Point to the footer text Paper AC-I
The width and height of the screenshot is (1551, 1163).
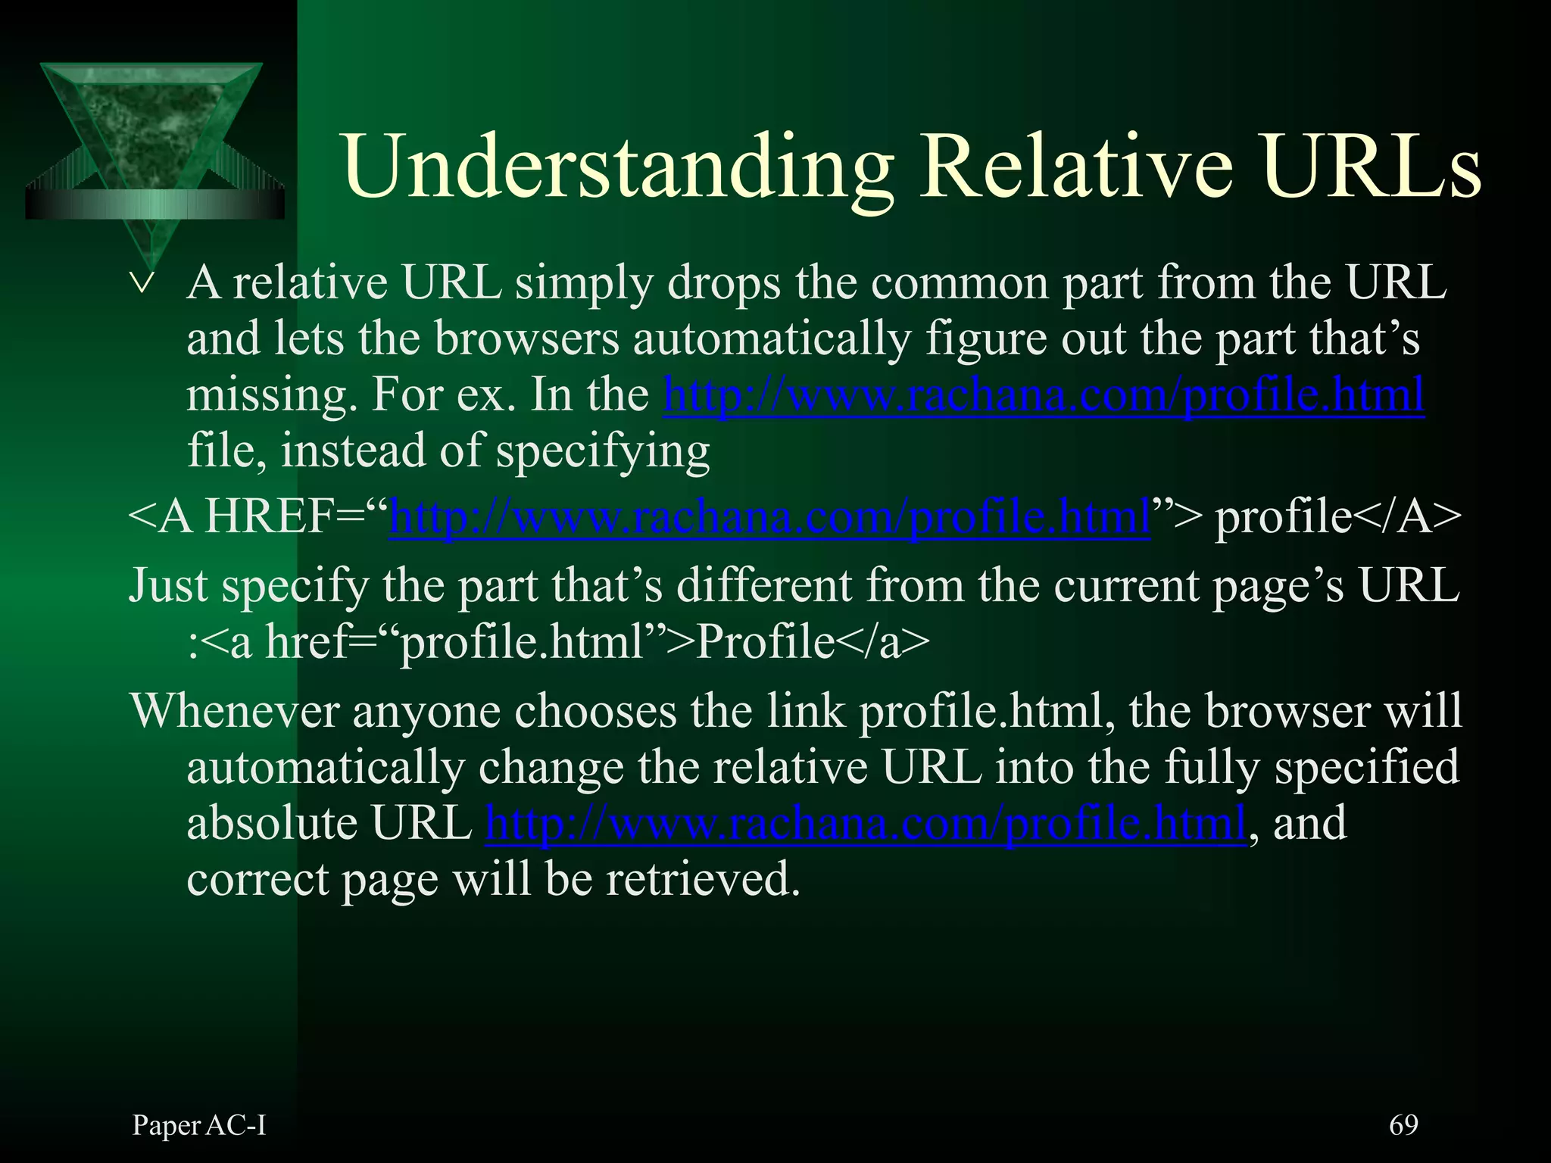(x=199, y=1125)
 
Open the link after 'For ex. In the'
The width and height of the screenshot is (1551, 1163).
(x=1044, y=395)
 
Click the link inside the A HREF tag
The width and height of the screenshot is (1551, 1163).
(x=769, y=518)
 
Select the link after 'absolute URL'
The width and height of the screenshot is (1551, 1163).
(x=866, y=824)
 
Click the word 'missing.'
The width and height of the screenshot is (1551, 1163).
(x=272, y=395)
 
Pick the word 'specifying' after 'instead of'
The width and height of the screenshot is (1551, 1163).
(x=603, y=452)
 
